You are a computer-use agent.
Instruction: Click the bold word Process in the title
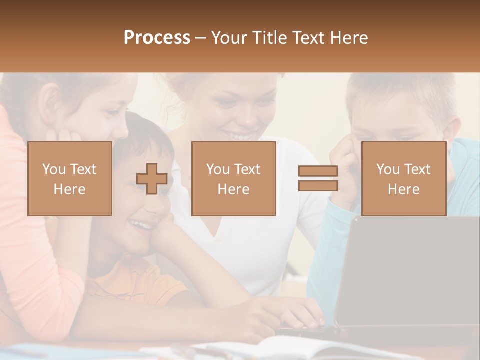coord(157,38)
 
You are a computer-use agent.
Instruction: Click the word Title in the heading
coord(270,38)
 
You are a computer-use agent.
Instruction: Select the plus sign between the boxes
coord(152,179)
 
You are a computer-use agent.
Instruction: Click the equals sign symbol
coord(318,178)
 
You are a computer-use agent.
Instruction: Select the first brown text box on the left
coord(69,178)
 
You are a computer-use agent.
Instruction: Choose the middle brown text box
coord(233,178)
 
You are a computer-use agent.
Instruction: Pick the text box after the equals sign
coord(403,178)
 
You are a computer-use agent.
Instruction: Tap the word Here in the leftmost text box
coord(69,189)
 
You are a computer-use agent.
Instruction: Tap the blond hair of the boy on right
coord(400,90)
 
